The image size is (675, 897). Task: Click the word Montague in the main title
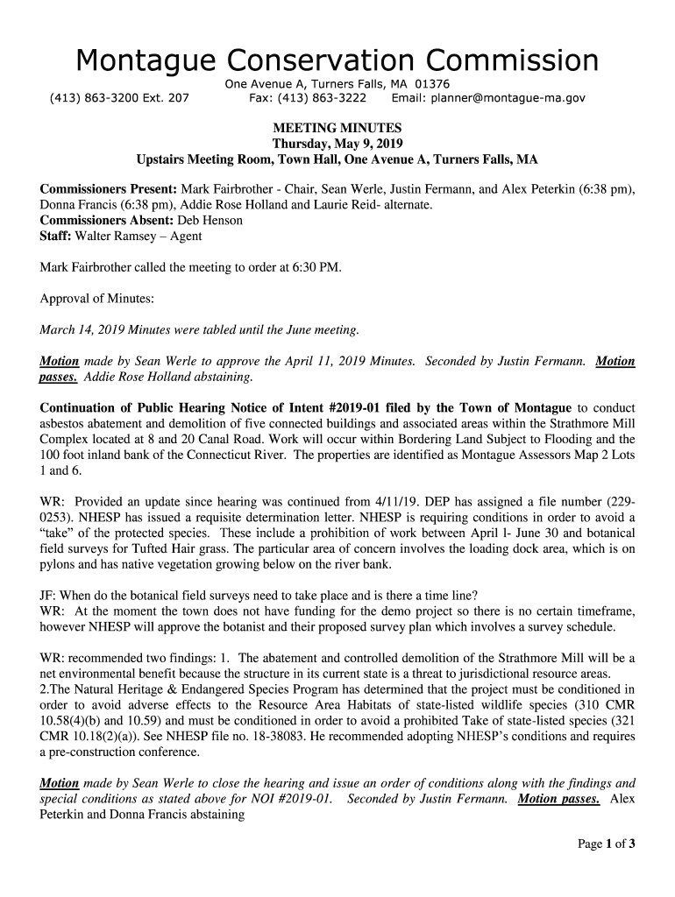(x=145, y=61)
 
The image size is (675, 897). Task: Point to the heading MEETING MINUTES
(x=337, y=128)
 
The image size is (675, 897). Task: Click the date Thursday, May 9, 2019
(x=337, y=144)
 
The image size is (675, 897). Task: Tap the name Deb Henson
(x=210, y=221)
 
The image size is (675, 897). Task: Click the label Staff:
(x=56, y=237)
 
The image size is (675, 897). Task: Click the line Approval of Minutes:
(x=97, y=299)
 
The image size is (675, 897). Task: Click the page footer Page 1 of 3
(x=605, y=844)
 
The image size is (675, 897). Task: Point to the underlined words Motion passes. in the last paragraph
(x=558, y=799)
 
